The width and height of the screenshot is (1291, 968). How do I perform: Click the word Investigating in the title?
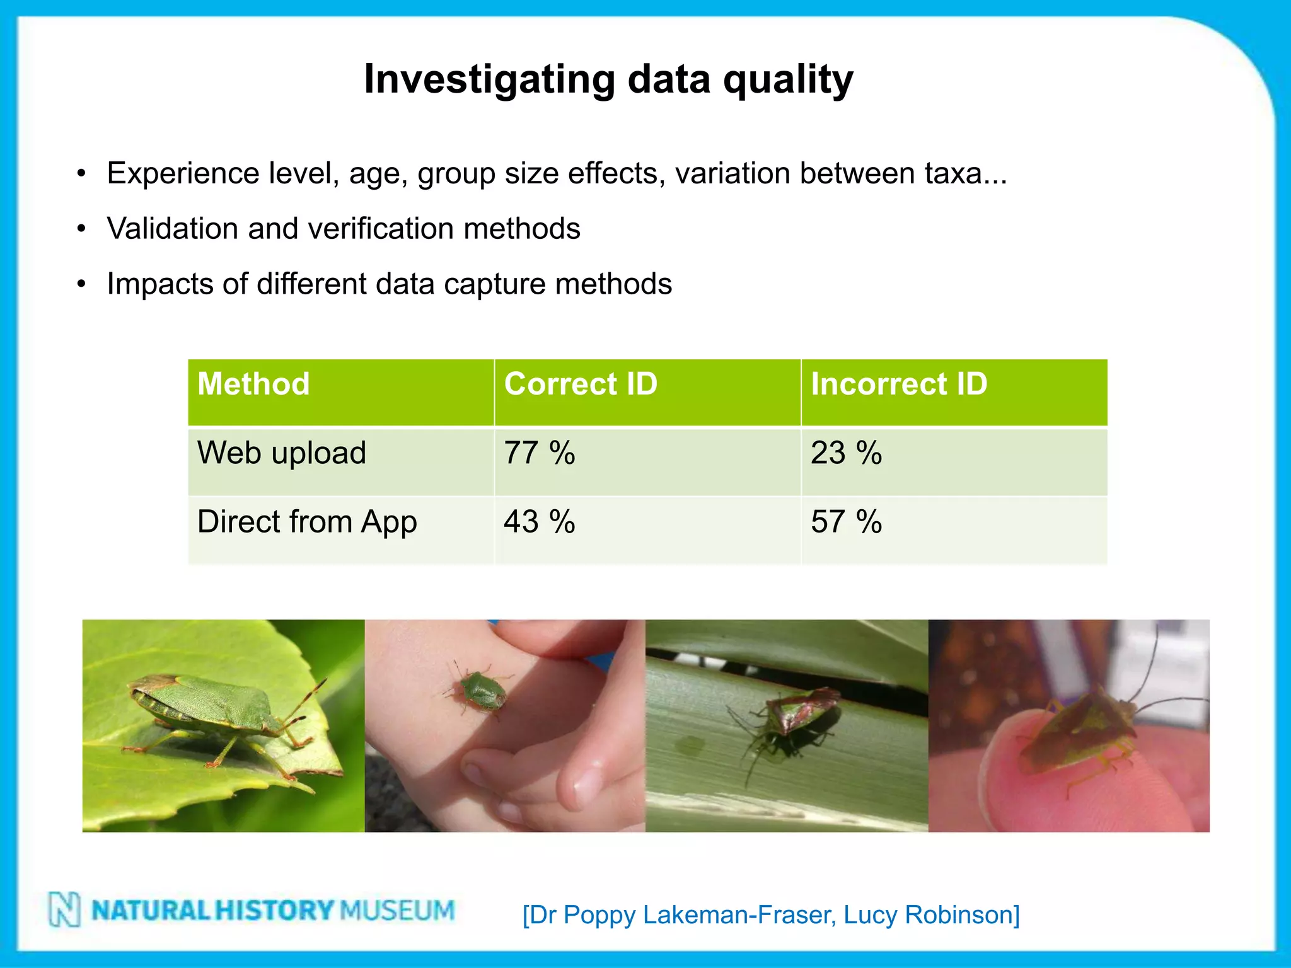coord(489,80)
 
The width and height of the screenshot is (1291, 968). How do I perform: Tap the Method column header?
coord(253,384)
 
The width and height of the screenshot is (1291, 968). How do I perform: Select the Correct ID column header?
coord(581,384)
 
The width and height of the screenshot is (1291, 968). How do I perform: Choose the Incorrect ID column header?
coord(899,384)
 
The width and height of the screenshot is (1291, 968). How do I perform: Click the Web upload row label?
coord(282,453)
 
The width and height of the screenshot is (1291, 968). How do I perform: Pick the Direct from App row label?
coord(307,522)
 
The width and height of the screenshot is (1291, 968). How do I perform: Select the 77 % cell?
coord(540,453)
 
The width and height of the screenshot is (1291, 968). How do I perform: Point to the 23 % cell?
coord(846,453)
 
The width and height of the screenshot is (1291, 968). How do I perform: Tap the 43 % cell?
coord(540,522)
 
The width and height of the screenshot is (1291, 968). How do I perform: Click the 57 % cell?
coord(846,522)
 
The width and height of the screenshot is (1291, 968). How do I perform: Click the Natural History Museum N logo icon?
coord(64,909)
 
